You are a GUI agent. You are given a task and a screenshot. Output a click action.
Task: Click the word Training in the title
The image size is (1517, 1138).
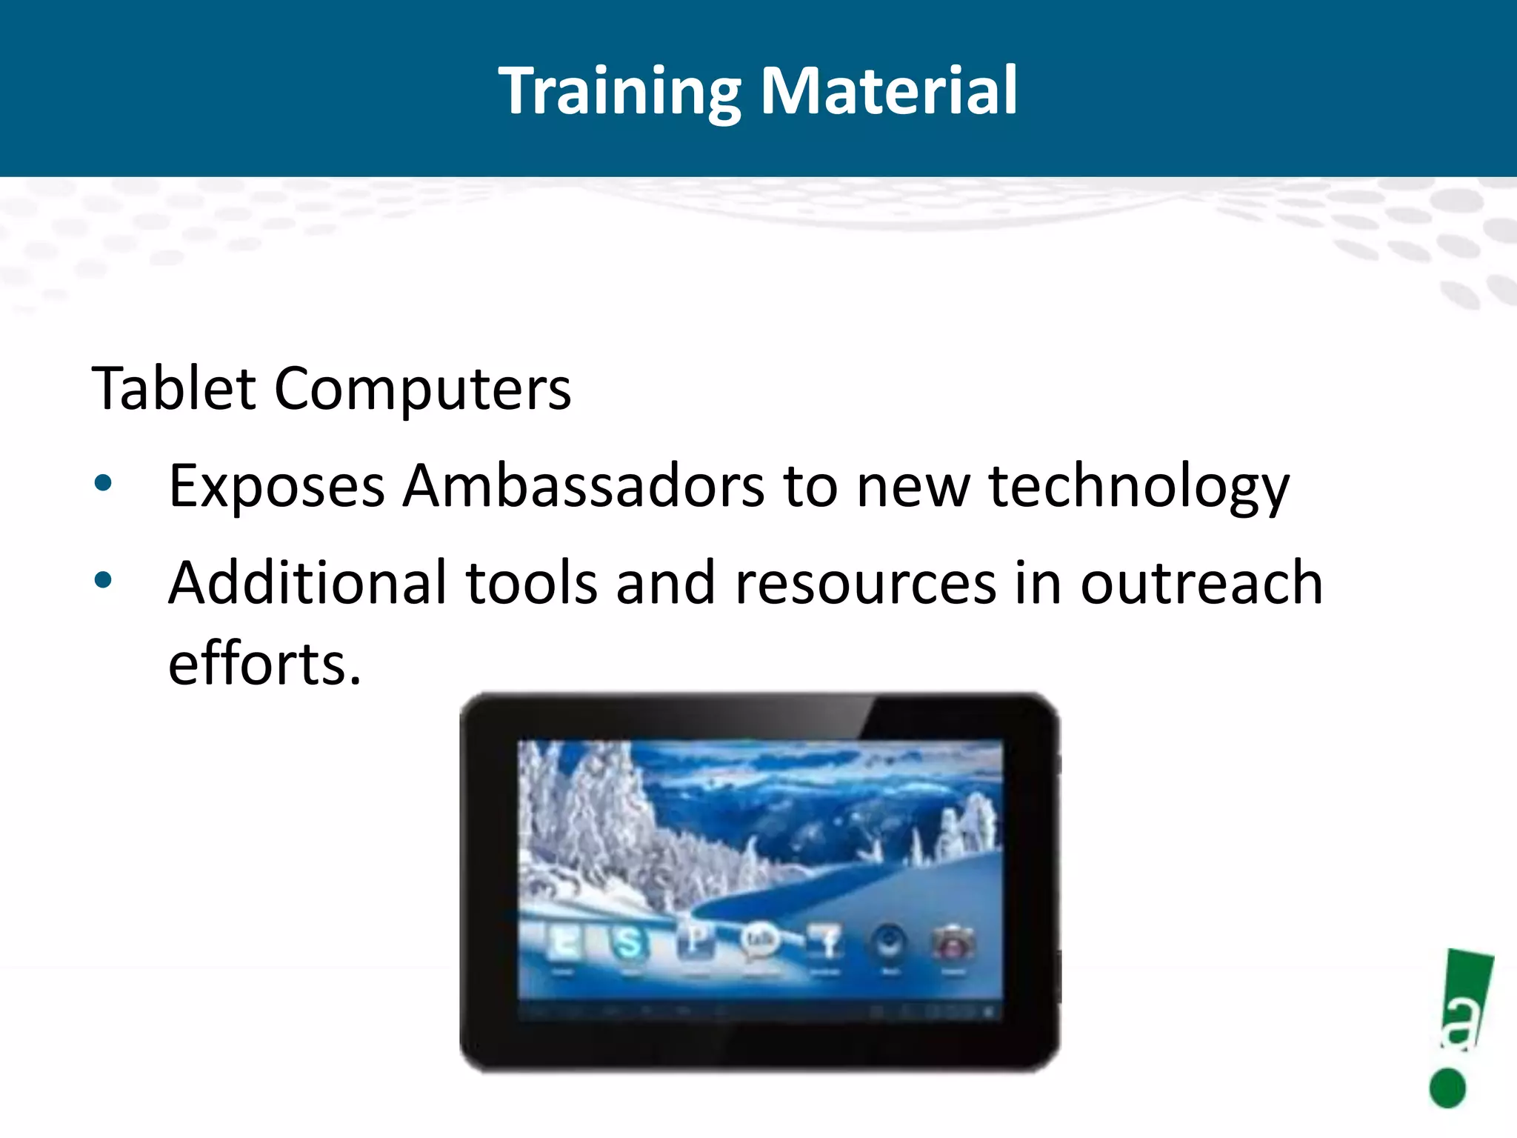click(x=619, y=90)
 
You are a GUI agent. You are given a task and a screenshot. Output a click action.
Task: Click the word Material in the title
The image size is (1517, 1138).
click(x=889, y=90)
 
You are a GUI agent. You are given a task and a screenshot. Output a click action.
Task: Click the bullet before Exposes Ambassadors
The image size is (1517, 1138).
click(x=103, y=484)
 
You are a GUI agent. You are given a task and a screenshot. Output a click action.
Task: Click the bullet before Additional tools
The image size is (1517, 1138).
click(x=103, y=580)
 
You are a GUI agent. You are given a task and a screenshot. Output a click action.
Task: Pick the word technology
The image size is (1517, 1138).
click(x=1138, y=488)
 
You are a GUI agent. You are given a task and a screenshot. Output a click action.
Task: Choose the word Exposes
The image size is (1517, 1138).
click(x=276, y=488)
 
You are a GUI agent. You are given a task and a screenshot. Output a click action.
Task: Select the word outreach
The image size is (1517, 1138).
click(x=1201, y=584)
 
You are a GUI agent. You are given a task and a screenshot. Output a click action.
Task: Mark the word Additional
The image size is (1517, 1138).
click(x=307, y=582)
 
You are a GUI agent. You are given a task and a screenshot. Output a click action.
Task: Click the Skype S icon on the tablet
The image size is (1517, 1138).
click(x=628, y=943)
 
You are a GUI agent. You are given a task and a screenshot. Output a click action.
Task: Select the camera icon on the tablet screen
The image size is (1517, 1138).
click(x=953, y=943)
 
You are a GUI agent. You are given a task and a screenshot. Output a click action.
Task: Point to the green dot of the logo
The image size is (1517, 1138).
click(x=1447, y=1088)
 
